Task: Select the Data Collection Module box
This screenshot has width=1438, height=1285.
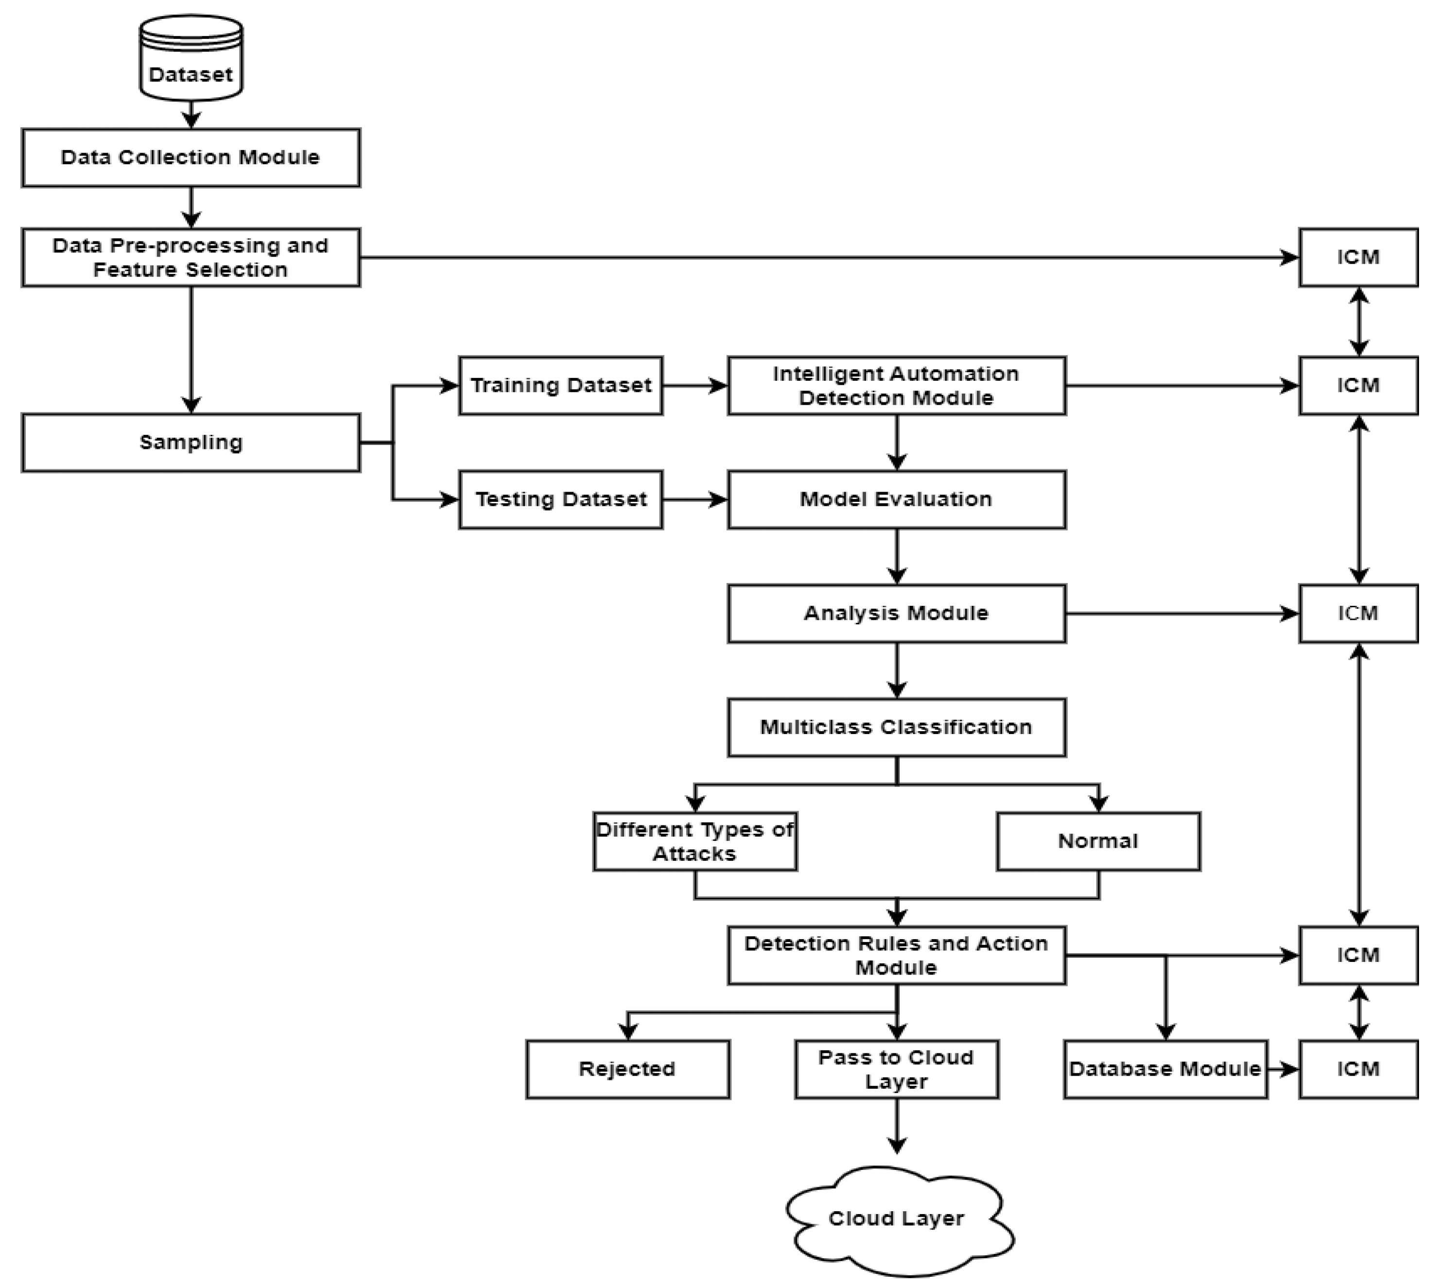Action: point(191,157)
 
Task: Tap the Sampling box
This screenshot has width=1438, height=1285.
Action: point(191,443)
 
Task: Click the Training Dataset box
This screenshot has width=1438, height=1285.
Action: point(561,386)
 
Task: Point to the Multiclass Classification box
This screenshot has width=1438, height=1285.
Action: point(896,727)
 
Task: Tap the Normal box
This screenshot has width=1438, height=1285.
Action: point(1097,841)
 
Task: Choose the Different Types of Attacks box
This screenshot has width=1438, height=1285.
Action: point(695,841)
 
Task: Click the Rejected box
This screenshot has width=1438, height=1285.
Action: point(627,1069)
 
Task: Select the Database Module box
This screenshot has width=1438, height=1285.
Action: point(1165,1069)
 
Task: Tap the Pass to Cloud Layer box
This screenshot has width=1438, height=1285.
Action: point(896,1069)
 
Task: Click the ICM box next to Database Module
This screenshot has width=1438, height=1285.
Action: point(1357,1069)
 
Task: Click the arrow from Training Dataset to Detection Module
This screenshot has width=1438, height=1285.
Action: point(695,386)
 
